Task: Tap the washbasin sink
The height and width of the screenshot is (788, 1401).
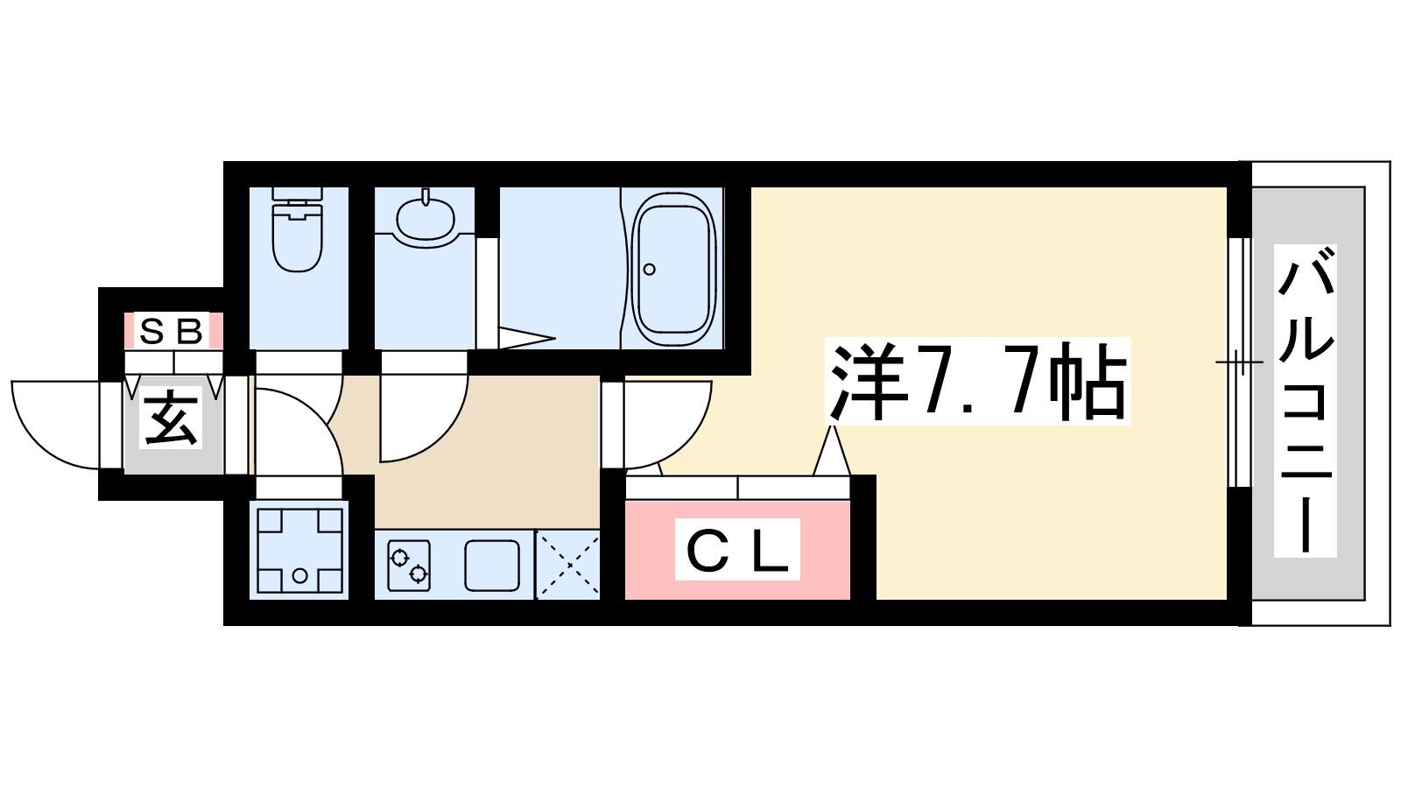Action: [x=425, y=216]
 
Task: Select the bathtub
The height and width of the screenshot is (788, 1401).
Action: [x=673, y=268]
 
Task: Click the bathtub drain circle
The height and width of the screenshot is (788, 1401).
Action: [x=650, y=269]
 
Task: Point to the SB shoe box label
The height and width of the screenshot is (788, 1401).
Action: [x=172, y=332]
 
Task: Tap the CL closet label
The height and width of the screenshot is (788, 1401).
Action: [x=737, y=550]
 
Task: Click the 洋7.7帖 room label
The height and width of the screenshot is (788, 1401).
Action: [x=977, y=382]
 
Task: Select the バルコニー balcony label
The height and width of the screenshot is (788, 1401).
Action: [x=1305, y=401]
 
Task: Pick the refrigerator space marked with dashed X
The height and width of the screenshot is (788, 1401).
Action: [x=567, y=565]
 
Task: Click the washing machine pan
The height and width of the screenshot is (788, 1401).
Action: [x=299, y=550]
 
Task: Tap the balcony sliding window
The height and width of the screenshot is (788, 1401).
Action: [x=1236, y=362]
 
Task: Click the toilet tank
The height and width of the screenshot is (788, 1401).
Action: [x=297, y=193]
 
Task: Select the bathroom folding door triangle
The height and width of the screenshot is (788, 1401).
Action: [x=525, y=338]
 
